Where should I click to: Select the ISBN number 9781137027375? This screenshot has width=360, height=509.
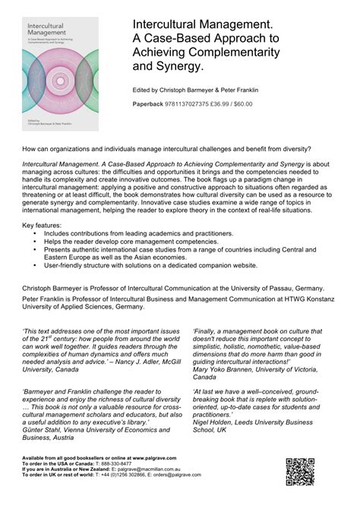point(197,103)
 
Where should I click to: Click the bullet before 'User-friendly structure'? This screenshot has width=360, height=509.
point(35,266)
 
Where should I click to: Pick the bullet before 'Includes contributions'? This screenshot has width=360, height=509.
point(35,233)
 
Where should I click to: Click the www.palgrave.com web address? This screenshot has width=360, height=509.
point(156,459)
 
